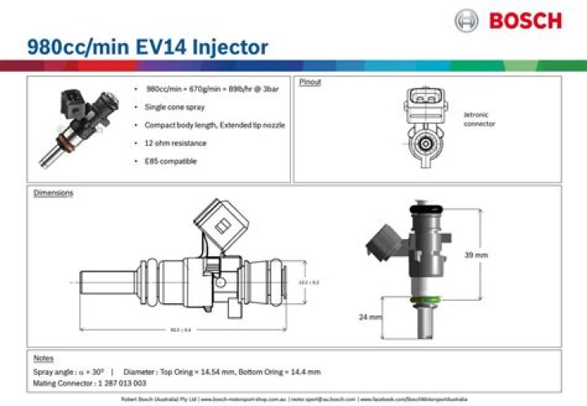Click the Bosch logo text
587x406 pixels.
pos(525,19)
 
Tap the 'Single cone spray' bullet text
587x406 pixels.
pos(174,107)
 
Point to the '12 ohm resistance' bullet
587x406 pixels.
pos(175,143)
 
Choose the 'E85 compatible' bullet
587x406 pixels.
pos(170,161)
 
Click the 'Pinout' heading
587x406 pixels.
pos(309,83)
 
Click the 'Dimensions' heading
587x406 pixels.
pos(53,193)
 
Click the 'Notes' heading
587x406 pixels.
pos(43,358)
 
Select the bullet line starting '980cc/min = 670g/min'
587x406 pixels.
pos(212,89)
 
